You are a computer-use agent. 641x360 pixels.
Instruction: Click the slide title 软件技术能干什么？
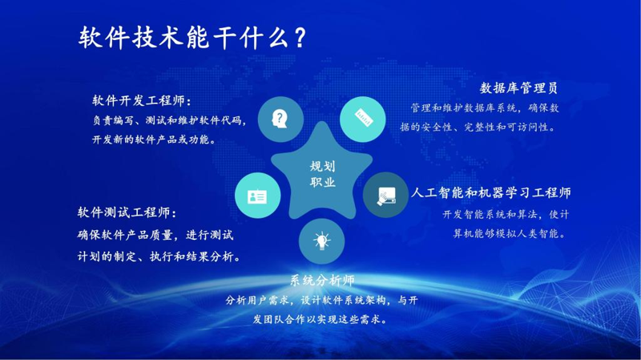(192, 38)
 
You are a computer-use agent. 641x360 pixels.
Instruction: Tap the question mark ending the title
(300, 38)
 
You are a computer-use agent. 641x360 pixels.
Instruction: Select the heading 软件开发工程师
(138, 101)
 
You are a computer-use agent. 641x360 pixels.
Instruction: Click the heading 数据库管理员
(518, 87)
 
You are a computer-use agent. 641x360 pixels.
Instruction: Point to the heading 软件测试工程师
(123, 212)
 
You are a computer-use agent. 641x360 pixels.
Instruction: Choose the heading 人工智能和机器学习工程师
(491, 192)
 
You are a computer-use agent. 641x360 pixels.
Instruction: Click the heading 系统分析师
(322, 281)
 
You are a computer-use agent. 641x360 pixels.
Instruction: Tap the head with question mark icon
(280, 119)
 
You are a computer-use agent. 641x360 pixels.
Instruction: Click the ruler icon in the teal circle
(364, 118)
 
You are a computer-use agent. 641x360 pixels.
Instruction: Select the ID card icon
(257, 196)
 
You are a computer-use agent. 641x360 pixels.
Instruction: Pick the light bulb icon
(322, 241)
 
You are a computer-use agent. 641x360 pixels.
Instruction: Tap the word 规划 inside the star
(322, 167)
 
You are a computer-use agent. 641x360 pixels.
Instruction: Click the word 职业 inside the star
(322, 182)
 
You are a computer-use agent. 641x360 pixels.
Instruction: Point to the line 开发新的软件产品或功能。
(154, 140)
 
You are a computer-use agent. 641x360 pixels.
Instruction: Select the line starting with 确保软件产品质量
(155, 235)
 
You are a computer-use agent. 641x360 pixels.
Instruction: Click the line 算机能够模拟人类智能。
(510, 233)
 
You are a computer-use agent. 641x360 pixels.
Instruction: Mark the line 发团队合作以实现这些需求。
(320, 319)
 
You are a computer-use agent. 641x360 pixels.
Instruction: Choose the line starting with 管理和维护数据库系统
(485, 108)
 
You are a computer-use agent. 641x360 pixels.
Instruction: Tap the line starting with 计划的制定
(159, 257)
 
